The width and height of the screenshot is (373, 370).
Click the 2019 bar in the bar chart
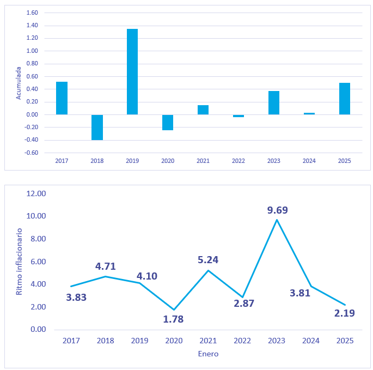click(x=132, y=71)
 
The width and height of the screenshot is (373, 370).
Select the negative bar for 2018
click(x=97, y=127)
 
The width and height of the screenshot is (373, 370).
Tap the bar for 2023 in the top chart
click(x=274, y=102)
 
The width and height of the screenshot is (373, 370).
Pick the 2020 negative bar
click(x=168, y=122)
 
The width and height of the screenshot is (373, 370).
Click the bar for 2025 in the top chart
click(x=345, y=99)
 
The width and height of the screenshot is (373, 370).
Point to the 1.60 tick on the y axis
click(x=32, y=13)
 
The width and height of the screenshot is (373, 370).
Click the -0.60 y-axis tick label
click(x=32, y=153)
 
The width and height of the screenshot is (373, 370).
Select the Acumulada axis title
click(x=18, y=83)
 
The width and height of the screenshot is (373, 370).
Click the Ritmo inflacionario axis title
click(x=19, y=262)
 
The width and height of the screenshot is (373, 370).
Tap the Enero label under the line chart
click(x=208, y=354)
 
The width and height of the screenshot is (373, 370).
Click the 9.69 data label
click(x=277, y=210)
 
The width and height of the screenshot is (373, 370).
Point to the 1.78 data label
click(x=173, y=319)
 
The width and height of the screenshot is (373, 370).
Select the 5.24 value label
click(x=207, y=260)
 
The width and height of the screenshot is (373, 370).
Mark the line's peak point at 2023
click(x=277, y=220)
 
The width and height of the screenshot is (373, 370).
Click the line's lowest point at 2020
click(x=174, y=310)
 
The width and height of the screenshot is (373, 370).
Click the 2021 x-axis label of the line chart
click(x=208, y=341)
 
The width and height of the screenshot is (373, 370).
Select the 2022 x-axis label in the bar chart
click(x=239, y=161)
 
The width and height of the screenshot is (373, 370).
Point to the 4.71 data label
click(x=106, y=266)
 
